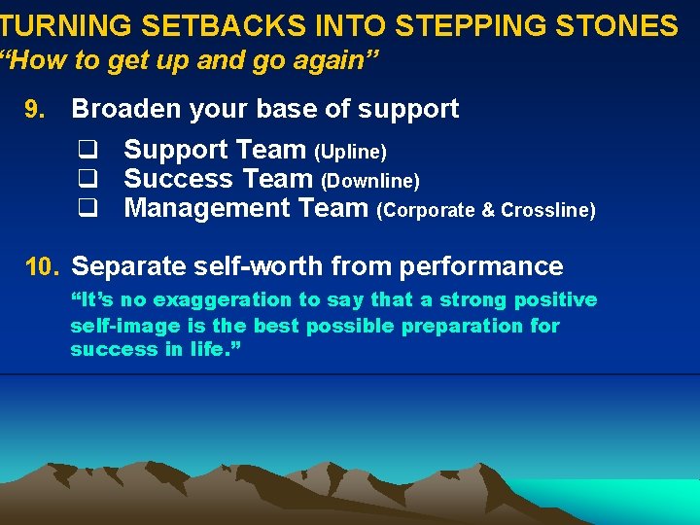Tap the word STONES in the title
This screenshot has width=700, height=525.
(621, 25)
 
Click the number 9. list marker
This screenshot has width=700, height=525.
(34, 109)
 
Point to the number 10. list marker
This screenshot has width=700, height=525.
(43, 266)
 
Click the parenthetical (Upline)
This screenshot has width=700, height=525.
(350, 153)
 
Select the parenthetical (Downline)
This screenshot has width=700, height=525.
(370, 182)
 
